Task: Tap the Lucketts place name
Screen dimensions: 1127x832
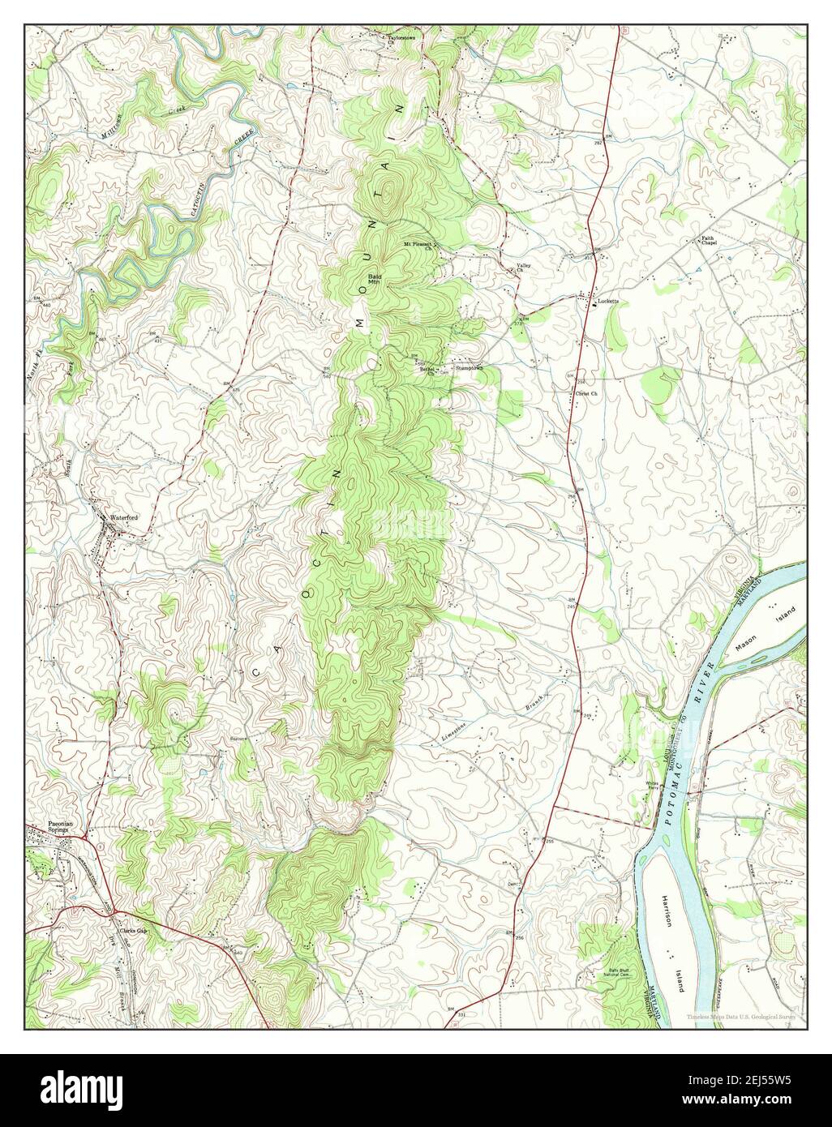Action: pos(607,301)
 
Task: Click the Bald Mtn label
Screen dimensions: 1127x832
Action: pos(376,279)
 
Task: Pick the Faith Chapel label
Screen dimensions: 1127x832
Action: pos(710,241)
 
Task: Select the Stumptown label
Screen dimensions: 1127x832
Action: pos(469,367)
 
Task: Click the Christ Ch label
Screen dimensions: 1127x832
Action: pos(585,394)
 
